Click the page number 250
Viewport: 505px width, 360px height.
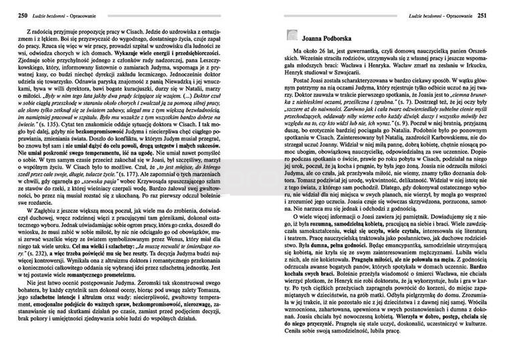[x=11, y=15]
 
